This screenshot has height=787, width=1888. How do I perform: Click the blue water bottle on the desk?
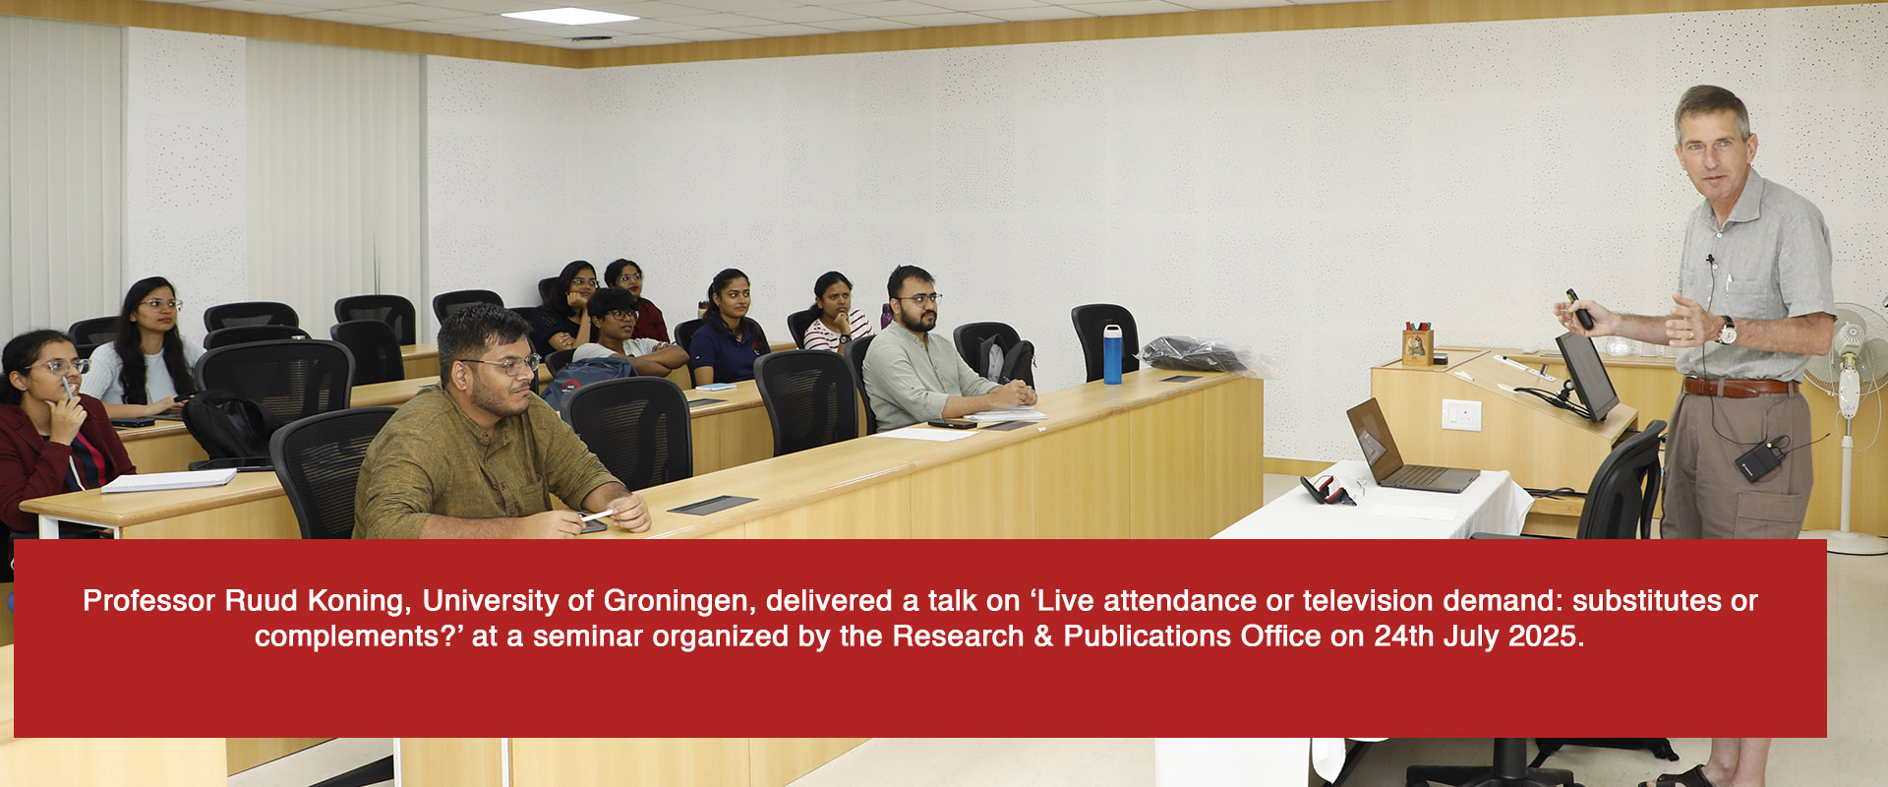1112,354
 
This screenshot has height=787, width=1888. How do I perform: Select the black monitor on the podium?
1586,376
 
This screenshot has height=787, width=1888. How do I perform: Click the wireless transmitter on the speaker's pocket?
1756,459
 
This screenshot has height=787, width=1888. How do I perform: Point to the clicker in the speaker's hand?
1580,309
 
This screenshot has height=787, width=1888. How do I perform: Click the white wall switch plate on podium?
1461,414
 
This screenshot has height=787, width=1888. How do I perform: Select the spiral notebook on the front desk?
169,480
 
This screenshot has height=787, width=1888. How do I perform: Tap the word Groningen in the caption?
676,600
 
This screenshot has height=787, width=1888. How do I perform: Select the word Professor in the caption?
148,600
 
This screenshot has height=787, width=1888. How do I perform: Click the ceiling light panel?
570,16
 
